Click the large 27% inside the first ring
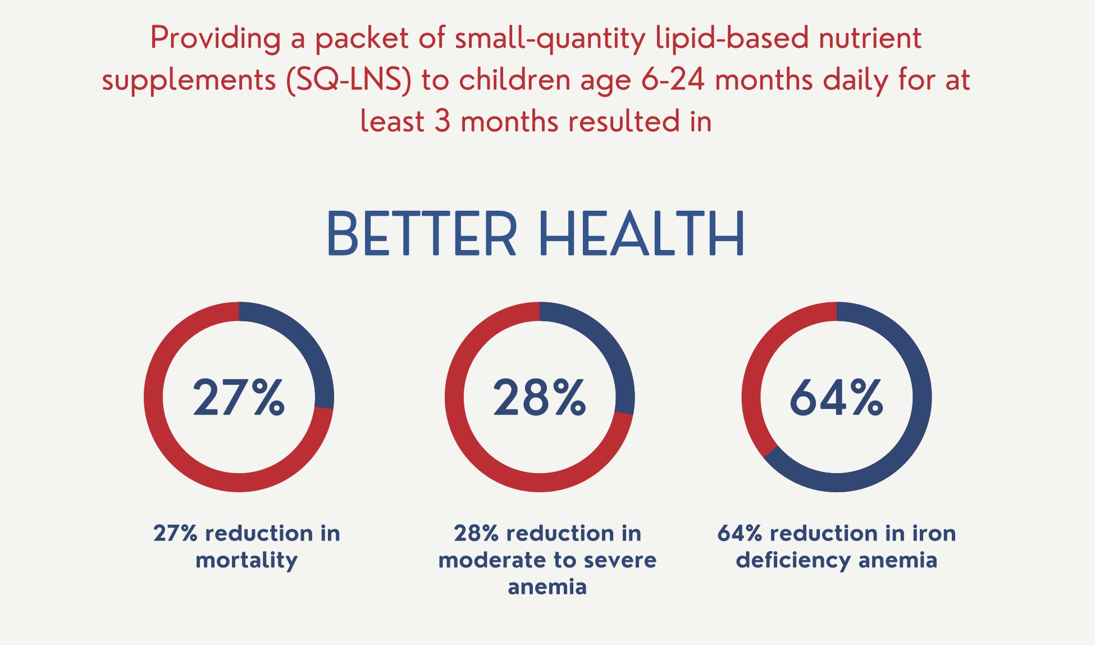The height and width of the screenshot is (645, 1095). pyautogui.click(x=239, y=397)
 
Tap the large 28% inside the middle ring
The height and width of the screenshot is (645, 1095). pyautogui.click(x=539, y=397)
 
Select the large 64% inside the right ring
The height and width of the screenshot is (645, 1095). pyautogui.click(x=836, y=397)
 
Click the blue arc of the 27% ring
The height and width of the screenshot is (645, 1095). pyautogui.click(x=303, y=343)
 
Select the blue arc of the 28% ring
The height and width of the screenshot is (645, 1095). pyautogui.click(x=604, y=343)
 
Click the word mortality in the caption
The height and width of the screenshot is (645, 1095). pyautogui.click(x=247, y=560)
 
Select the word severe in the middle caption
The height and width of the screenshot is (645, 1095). pyautogui.click(x=620, y=560)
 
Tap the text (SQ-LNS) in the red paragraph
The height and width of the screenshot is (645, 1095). pyautogui.click(x=349, y=80)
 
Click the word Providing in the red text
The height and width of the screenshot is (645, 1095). pyautogui.click(x=215, y=38)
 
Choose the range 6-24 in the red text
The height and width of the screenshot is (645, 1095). pyautogui.click(x=673, y=80)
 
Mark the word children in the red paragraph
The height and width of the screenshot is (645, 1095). pyautogui.click(x=515, y=80)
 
